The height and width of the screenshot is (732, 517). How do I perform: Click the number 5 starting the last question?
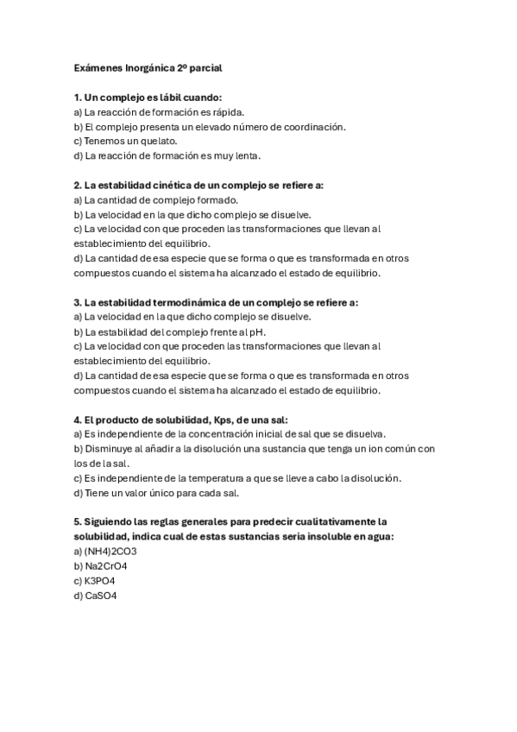[x=78, y=521]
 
